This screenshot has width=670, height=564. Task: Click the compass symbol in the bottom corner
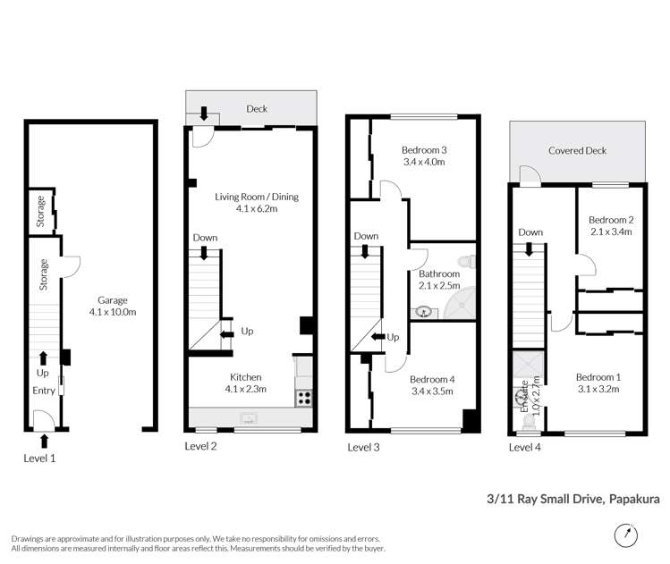click(x=626, y=535)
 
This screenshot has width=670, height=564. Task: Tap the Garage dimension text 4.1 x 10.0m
click(x=113, y=312)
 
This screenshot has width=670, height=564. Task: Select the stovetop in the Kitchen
click(x=304, y=398)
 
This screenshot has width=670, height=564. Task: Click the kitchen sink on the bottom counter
click(x=249, y=418)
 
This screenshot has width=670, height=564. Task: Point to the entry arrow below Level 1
click(x=44, y=441)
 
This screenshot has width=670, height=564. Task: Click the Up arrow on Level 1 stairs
click(x=43, y=358)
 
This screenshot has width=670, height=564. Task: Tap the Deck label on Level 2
click(x=257, y=109)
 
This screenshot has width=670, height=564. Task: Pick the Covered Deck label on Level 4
click(x=577, y=151)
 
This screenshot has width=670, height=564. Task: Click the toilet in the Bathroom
click(x=466, y=261)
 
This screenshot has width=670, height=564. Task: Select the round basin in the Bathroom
click(x=423, y=312)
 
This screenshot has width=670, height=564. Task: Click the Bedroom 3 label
click(x=424, y=150)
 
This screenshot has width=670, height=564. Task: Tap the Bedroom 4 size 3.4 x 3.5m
click(x=432, y=391)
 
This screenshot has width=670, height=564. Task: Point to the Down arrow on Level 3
click(x=365, y=251)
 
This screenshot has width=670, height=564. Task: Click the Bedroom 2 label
click(x=611, y=220)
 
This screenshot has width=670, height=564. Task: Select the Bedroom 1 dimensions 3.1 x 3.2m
click(x=598, y=389)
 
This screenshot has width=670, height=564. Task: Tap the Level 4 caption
click(x=525, y=448)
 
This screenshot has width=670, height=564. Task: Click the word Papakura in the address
click(x=634, y=499)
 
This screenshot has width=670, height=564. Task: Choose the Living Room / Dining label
click(x=257, y=197)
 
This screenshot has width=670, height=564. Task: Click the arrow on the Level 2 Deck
click(x=204, y=114)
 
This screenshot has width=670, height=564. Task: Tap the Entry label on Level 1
click(x=44, y=391)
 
